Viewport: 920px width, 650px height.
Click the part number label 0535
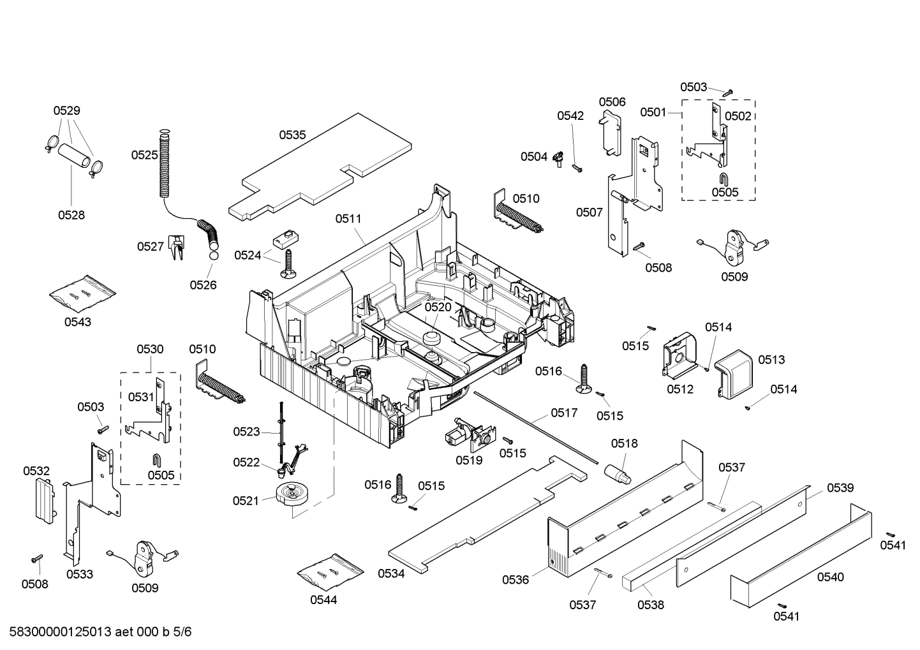pos(292,135)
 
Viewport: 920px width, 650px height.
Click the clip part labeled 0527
pos(176,247)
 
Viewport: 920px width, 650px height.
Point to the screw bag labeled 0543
pos(83,293)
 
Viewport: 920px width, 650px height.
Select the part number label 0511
pos(348,218)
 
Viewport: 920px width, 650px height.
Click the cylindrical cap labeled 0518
pos(618,472)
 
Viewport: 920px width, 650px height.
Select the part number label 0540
pos(830,577)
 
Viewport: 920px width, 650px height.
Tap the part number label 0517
pos(564,413)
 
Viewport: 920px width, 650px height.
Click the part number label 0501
pos(653,112)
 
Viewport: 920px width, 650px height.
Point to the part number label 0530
pos(150,349)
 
